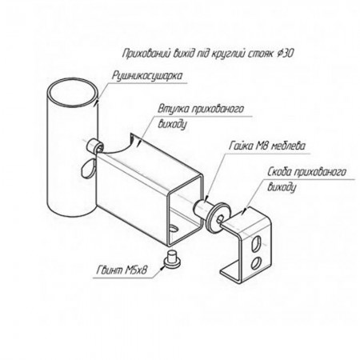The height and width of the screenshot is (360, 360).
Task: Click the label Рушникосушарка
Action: (x=147, y=76)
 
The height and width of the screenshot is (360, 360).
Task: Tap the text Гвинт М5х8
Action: (x=122, y=270)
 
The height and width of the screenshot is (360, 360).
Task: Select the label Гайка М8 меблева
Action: (x=267, y=146)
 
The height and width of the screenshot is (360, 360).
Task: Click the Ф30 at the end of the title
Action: (x=286, y=54)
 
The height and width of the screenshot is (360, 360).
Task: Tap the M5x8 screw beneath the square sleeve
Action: (x=171, y=258)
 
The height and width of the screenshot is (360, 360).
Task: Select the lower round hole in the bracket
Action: (x=255, y=262)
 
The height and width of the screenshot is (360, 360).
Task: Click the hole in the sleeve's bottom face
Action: (x=174, y=229)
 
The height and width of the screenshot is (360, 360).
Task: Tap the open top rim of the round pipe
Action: (x=73, y=92)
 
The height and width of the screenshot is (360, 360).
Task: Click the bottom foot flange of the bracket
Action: (x=230, y=272)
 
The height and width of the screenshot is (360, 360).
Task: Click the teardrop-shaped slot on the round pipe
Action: (x=88, y=168)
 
